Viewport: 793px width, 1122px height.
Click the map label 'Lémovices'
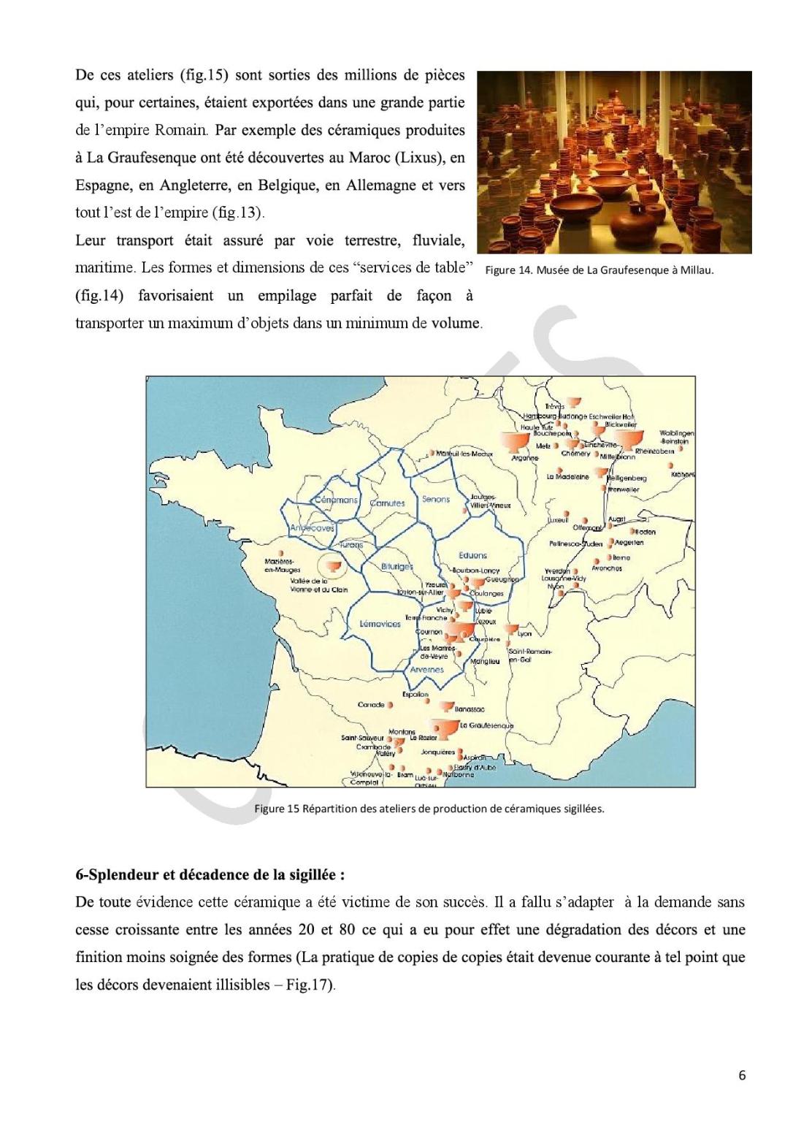pyautogui.click(x=380, y=624)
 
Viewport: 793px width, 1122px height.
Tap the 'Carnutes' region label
pyautogui.click(x=387, y=503)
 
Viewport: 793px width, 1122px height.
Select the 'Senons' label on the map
pyautogui.click(x=436, y=500)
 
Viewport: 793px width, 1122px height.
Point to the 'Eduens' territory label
pyautogui.click(x=472, y=555)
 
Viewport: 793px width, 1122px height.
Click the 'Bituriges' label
pyautogui.click(x=397, y=567)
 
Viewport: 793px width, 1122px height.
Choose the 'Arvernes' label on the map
pyautogui.click(x=426, y=669)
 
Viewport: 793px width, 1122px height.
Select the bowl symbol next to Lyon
pyautogui.click(x=510, y=630)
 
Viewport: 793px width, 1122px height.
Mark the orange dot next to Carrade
pyautogui.click(x=390, y=705)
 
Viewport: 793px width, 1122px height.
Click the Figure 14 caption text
pyautogui.click(x=599, y=270)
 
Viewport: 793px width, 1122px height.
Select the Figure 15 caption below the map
pyautogui.click(x=429, y=809)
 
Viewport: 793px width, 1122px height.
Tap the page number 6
pyautogui.click(x=742, y=1075)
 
